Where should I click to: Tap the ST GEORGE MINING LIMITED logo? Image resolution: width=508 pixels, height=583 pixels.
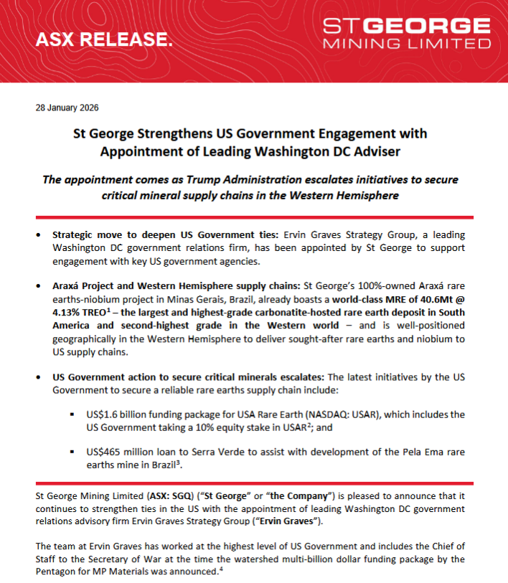pos(407,34)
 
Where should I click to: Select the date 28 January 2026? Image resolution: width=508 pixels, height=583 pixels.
pos(67,108)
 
